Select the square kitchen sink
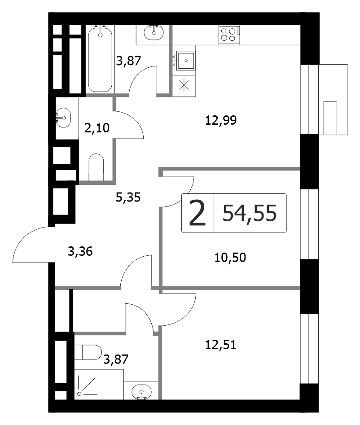[x=186, y=61]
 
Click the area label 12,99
[x=221, y=120]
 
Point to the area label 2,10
[x=97, y=128]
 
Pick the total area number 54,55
[x=250, y=213]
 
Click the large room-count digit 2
[x=198, y=213]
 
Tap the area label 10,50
[x=230, y=258]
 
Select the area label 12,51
[x=221, y=345]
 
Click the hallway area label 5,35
[x=128, y=197]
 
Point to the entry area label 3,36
[x=80, y=251]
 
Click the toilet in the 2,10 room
[x=96, y=167]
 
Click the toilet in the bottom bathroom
[x=88, y=352]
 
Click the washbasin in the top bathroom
[x=154, y=32]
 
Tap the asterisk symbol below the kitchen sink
[x=184, y=85]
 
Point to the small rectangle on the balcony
[x=330, y=118]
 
